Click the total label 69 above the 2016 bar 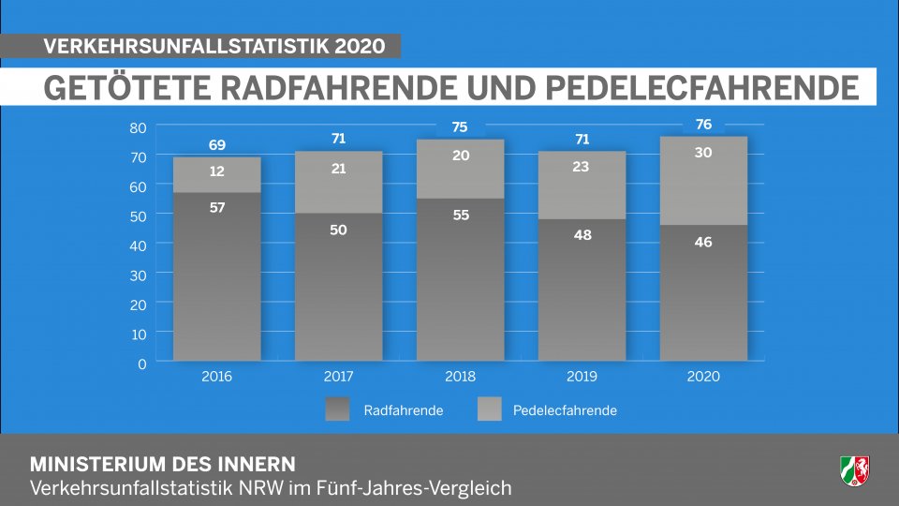click(x=216, y=145)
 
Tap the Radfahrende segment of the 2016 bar click(x=216, y=281)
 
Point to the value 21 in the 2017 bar click(x=338, y=168)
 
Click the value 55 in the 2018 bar click(x=460, y=215)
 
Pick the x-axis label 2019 click(x=582, y=377)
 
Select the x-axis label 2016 click(x=216, y=377)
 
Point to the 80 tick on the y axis click(x=138, y=127)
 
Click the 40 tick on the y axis click(x=138, y=245)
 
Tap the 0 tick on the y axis click(x=142, y=363)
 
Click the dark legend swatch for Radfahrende click(x=337, y=409)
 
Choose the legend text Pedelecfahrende click(x=565, y=410)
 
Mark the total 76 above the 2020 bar click(x=703, y=125)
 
